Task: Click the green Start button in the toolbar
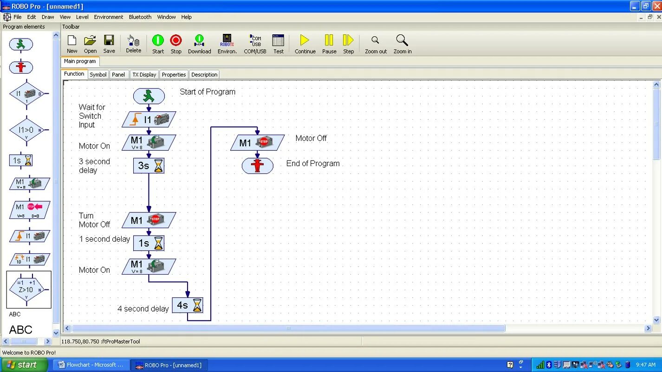click(158, 45)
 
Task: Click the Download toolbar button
click(199, 45)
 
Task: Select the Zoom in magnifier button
click(402, 45)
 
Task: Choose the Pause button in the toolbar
click(329, 45)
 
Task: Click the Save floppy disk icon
click(109, 45)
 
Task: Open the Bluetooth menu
click(140, 17)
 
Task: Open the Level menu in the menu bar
click(82, 17)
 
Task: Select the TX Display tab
click(144, 75)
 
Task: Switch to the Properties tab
click(174, 75)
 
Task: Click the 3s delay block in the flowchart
click(149, 166)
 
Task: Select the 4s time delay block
click(188, 305)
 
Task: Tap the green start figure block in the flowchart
click(149, 96)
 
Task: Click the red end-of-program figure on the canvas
click(257, 166)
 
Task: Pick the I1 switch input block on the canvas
click(149, 120)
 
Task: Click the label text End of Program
click(313, 164)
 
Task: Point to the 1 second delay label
click(104, 239)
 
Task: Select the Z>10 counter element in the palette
click(28, 289)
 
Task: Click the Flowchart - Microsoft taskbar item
click(91, 365)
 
